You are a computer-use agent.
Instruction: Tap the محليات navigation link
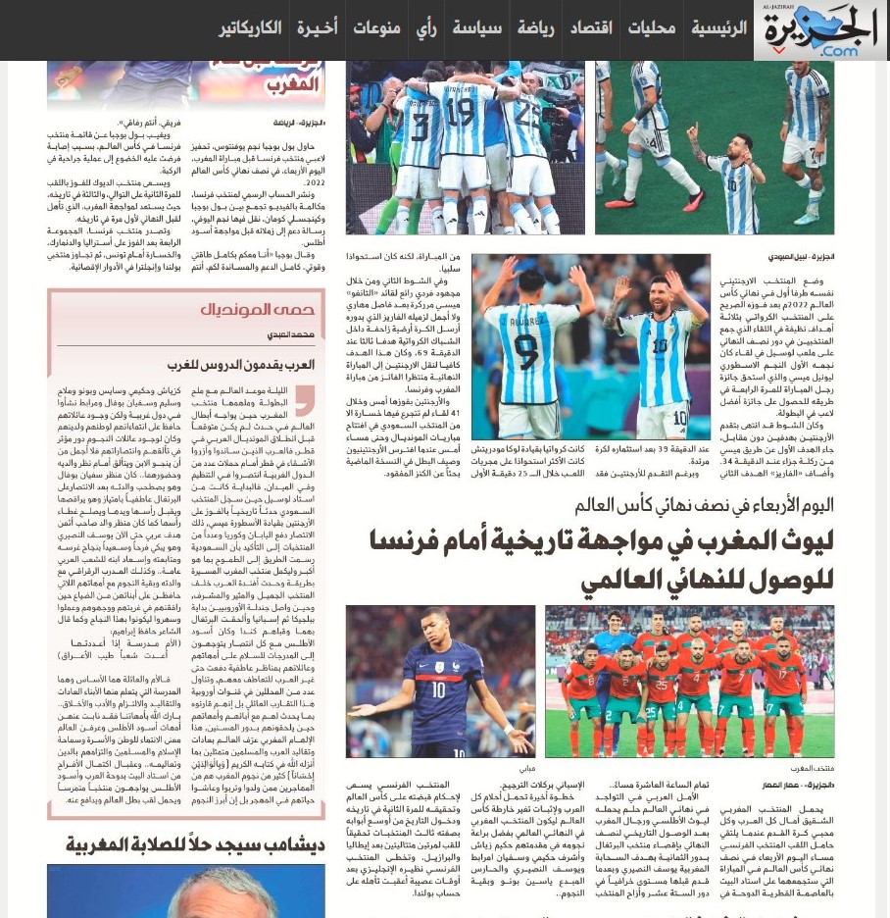pos(652,27)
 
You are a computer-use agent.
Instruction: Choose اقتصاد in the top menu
pos(592,27)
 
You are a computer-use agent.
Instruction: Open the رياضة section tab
pos(535,27)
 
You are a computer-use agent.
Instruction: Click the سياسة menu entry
pos(477,27)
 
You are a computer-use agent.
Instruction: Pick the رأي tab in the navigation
pos(426,27)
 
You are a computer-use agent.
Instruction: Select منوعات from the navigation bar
pos(376,27)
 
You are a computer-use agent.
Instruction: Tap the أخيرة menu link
pos(317,27)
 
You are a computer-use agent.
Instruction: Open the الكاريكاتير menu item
pos(250,27)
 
